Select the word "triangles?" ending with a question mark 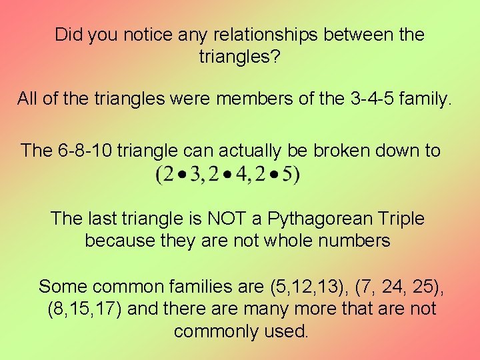[239, 57]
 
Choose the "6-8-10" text [83, 150]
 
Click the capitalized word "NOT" [213, 218]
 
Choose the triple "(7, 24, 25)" [403, 287]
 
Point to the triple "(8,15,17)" [85, 309]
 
